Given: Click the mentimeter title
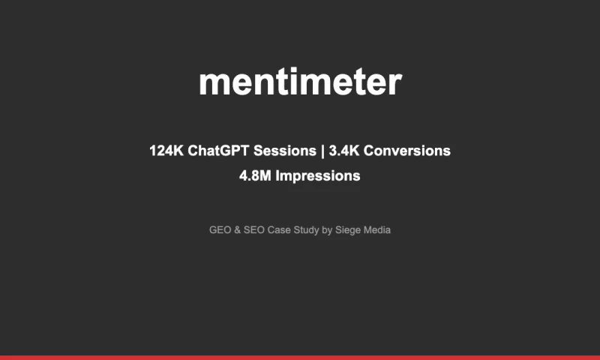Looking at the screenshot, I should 300,82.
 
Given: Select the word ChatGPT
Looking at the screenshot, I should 219,151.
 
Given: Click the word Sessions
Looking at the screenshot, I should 285,151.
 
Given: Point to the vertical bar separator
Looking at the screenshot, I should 322,151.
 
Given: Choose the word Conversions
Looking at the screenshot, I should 408,151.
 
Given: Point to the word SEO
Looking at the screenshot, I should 253,230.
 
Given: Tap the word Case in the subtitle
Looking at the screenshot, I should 279,230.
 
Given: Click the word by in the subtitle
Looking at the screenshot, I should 327,230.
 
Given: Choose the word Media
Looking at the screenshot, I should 377,230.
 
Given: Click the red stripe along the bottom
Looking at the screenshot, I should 300,357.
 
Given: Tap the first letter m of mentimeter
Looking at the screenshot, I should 213,84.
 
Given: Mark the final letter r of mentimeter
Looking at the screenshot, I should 395,84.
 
